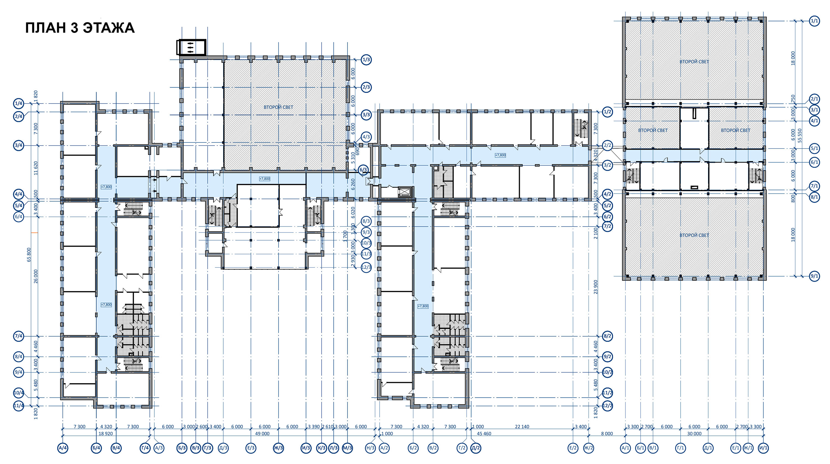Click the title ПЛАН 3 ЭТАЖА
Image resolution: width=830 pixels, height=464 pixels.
(x=80, y=28)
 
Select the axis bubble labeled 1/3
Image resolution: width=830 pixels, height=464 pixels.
(x=366, y=60)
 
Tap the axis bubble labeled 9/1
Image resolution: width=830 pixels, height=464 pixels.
(x=814, y=276)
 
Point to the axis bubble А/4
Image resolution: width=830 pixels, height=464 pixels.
(x=63, y=448)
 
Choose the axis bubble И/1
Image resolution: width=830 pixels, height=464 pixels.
(x=763, y=448)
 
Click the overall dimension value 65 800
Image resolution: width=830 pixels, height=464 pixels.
(x=29, y=254)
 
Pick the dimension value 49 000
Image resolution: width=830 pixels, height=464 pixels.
(x=262, y=434)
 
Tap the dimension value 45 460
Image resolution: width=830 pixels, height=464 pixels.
(x=484, y=434)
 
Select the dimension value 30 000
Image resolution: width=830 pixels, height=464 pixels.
(x=694, y=434)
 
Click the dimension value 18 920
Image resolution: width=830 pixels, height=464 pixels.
(x=106, y=434)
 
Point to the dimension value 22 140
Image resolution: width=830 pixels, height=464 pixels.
(x=522, y=427)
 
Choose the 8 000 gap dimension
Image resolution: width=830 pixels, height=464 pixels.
(x=607, y=434)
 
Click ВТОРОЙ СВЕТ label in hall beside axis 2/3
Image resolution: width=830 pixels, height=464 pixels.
(x=278, y=107)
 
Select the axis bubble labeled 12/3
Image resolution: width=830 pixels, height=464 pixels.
(x=366, y=267)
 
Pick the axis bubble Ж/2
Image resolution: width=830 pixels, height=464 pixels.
(x=588, y=448)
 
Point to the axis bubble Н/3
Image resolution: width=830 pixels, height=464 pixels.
(x=370, y=448)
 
